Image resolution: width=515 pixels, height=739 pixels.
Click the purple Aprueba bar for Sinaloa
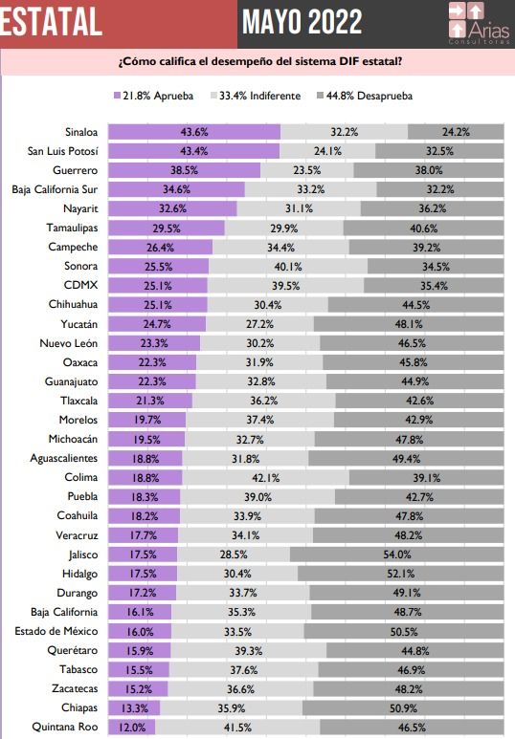(x=194, y=132)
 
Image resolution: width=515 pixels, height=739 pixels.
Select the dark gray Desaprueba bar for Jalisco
(x=397, y=554)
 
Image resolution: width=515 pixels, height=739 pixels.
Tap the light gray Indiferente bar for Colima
(x=266, y=477)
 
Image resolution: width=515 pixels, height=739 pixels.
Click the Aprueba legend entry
(x=153, y=96)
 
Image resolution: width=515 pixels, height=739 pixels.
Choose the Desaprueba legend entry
(x=365, y=96)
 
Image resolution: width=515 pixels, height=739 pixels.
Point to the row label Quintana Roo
(x=65, y=727)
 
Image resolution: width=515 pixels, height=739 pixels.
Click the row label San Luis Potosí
(x=63, y=151)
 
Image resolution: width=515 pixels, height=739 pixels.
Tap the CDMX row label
(x=80, y=285)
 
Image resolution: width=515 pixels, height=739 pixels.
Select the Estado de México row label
(x=56, y=631)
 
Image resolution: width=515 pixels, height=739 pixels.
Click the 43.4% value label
(x=194, y=151)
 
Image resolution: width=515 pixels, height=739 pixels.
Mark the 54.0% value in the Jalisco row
(x=397, y=554)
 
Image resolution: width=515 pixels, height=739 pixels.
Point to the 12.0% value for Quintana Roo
(x=132, y=728)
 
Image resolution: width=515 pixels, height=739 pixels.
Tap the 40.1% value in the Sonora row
(x=288, y=267)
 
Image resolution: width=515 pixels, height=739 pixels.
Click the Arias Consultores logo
(x=480, y=23)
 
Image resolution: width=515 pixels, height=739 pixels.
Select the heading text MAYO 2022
(x=302, y=22)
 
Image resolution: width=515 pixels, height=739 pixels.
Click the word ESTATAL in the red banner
(x=51, y=22)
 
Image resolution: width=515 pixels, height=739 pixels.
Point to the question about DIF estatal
(x=260, y=62)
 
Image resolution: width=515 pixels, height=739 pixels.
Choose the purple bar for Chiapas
(x=134, y=707)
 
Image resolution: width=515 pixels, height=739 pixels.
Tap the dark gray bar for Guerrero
(x=429, y=170)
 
